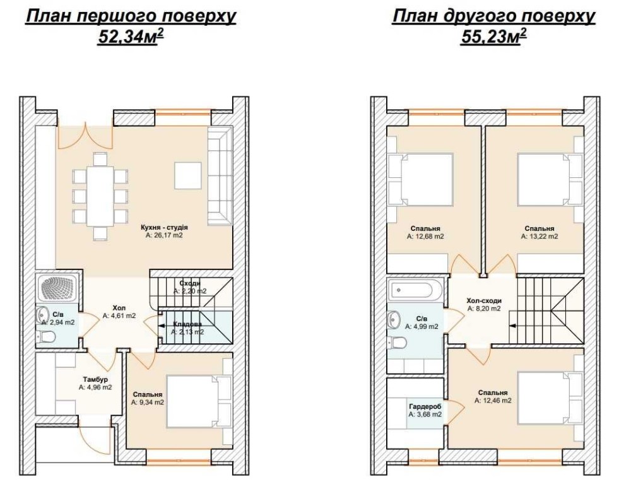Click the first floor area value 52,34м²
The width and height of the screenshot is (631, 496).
pos(131,37)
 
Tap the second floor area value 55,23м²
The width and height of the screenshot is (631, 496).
pos(494,37)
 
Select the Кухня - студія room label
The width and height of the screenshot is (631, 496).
pos(164,227)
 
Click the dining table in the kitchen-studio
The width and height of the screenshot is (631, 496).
pos(100,197)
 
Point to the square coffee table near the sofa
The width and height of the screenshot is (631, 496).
pos(187,175)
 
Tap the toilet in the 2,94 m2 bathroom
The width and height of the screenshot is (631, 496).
pos(47,336)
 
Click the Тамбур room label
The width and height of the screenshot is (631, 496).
pos(95,380)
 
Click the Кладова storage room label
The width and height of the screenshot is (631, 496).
pos(187,324)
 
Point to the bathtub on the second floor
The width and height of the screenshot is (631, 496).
pos(415,290)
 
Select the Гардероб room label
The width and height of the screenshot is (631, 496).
pos(425,406)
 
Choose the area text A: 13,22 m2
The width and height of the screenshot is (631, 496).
pos(540,236)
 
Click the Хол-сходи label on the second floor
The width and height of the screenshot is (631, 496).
pos(484,301)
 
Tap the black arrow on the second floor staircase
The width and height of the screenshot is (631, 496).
pos(512,326)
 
